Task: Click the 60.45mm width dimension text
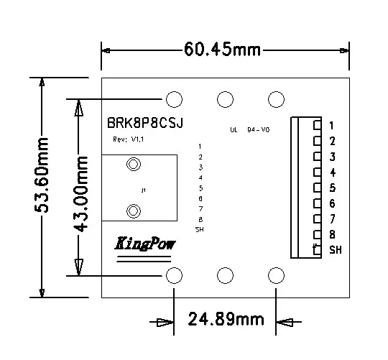pyautogui.click(x=223, y=50)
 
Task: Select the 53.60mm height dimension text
pyautogui.click(x=44, y=185)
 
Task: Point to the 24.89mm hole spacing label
pyautogui.click(x=226, y=318)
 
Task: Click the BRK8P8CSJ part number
pyautogui.click(x=144, y=123)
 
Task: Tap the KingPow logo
pyautogui.click(x=145, y=244)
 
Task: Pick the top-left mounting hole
pyautogui.click(x=174, y=98)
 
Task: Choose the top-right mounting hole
pyautogui.click(x=275, y=98)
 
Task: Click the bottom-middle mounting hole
pyautogui.click(x=225, y=275)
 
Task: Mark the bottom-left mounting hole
pyautogui.click(x=174, y=275)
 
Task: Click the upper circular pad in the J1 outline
pyautogui.click(x=133, y=166)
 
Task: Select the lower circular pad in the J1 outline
pyautogui.click(x=133, y=211)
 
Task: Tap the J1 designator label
pyautogui.click(x=143, y=190)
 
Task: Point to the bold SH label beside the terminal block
pyautogui.click(x=336, y=250)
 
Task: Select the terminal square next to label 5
pyautogui.click(x=317, y=188)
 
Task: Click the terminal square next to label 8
pyautogui.click(x=317, y=234)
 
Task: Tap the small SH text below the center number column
pyautogui.click(x=199, y=229)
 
